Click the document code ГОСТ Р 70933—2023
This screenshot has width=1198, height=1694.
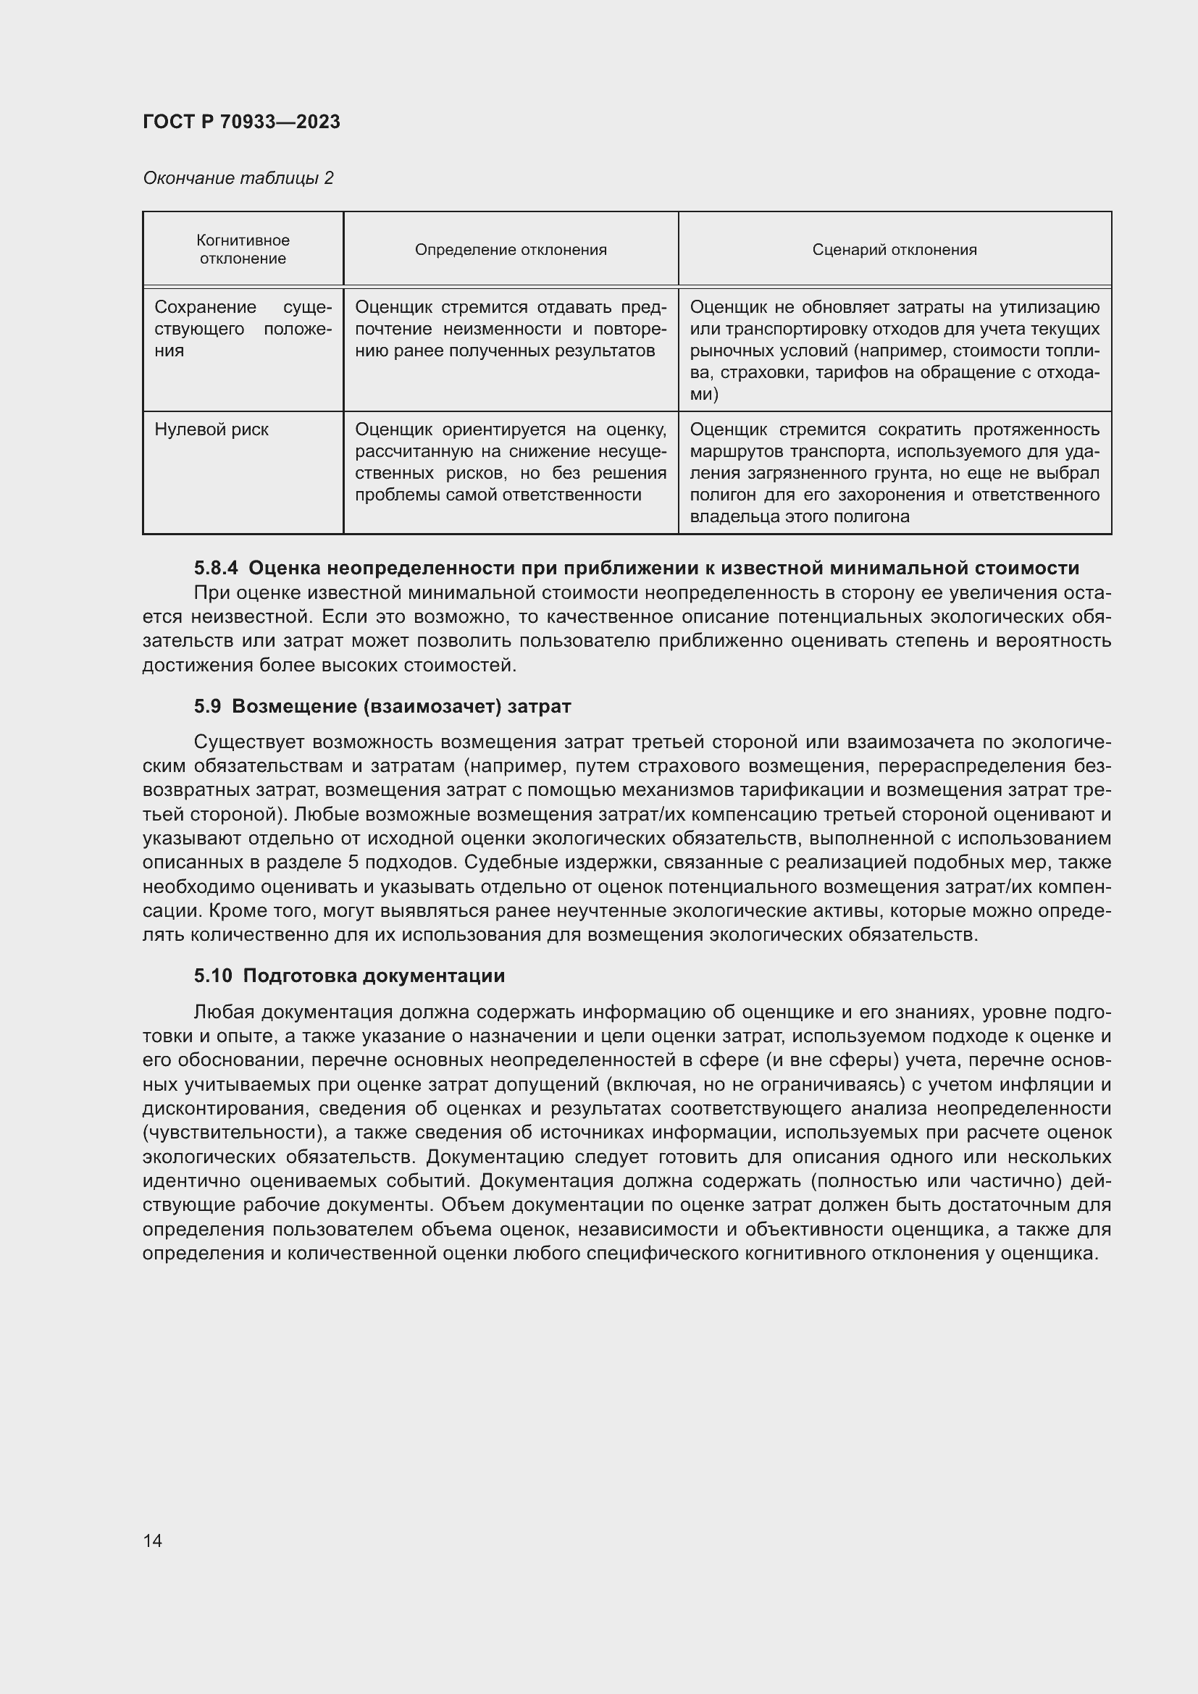point(241,122)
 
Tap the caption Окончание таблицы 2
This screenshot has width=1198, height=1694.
point(238,178)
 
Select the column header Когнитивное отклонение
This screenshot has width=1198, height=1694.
point(243,249)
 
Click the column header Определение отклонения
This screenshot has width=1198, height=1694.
point(511,249)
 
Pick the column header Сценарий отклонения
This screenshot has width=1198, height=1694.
point(894,249)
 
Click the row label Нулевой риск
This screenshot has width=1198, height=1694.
point(211,429)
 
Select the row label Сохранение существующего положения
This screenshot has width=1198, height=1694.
point(243,328)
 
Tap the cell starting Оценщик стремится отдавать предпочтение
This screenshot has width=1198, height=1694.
point(511,328)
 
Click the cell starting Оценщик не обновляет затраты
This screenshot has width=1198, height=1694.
point(894,350)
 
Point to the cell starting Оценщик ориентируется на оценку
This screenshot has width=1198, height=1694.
point(511,462)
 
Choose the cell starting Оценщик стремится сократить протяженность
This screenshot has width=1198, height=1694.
point(894,472)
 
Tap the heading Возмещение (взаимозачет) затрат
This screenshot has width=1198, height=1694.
point(401,706)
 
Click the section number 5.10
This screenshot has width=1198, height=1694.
point(213,976)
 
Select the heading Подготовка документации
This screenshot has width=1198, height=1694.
point(374,976)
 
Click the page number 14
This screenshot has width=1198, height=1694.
point(153,1540)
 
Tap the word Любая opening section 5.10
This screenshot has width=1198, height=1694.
point(224,1012)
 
